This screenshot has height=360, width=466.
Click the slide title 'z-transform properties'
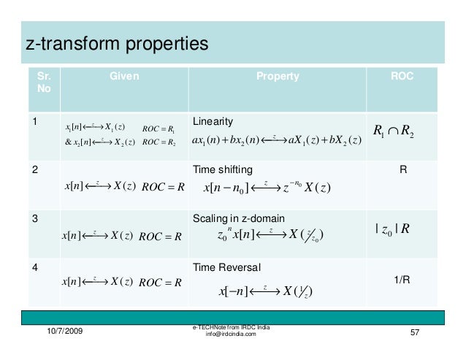[x=117, y=45]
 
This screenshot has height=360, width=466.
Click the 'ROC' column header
[x=402, y=76]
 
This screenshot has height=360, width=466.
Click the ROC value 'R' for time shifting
[x=402, y=170]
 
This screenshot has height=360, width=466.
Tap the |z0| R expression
[x=393, y=229]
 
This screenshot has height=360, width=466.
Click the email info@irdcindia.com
[x=232, y=334]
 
